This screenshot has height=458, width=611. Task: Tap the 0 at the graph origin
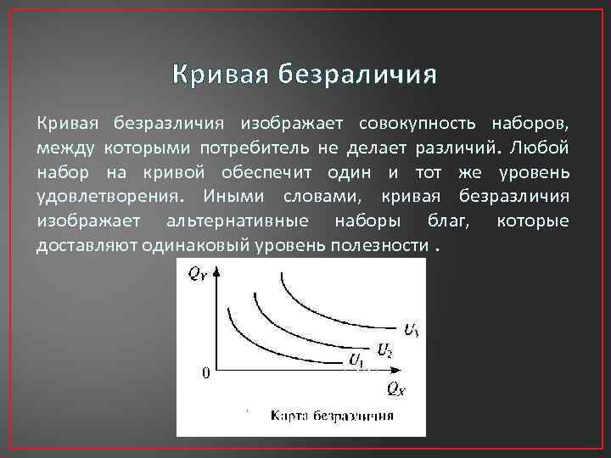(205, 372)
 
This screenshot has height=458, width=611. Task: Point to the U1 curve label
(357, 360)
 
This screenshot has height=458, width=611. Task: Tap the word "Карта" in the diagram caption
(292, 416)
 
